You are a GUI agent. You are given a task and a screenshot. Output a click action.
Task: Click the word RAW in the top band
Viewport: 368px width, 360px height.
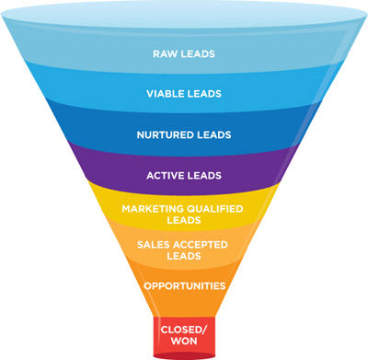(166, 54)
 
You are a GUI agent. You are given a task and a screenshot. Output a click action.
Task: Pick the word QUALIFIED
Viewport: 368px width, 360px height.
(214, 209)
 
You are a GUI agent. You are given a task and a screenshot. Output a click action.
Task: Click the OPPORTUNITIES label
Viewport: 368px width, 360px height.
(185, 286)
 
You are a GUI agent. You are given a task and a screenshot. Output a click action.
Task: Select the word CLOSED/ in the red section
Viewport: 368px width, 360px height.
(184, 330)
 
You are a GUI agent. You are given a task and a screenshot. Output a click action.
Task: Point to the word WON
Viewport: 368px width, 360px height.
(184, 341)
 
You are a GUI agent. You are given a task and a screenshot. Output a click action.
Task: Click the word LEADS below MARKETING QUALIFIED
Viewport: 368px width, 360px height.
(184, 220)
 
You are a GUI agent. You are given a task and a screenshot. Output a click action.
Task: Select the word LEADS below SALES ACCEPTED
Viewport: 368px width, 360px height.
(184, 256)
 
